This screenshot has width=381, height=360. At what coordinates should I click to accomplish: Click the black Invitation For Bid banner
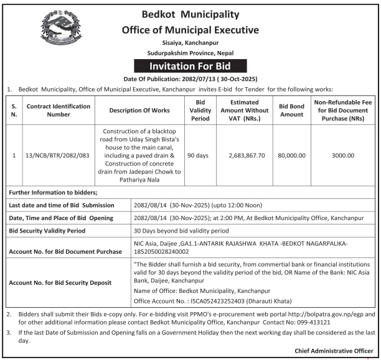pos(190,66)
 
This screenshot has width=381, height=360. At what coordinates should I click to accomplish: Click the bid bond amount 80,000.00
pos(291,155)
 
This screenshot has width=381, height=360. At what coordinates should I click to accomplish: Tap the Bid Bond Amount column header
pos(291,110)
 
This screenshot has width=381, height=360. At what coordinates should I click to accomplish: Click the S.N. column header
pos(14,110)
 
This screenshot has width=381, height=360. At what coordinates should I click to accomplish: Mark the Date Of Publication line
pos(190,79)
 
